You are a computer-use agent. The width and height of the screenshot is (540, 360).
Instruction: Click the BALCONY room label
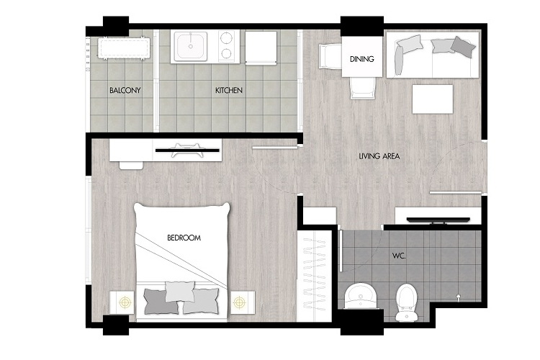(x=125, y=90)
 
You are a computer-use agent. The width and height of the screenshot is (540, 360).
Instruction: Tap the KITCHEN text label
(x=229, y=90)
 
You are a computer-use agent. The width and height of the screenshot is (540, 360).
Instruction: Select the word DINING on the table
(x=361, y=59)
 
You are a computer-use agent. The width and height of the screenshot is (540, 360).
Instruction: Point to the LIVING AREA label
(x=379, y=156)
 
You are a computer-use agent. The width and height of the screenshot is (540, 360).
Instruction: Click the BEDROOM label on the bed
(x=184, y=238)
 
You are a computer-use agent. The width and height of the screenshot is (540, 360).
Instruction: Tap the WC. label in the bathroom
(x=399, y=256)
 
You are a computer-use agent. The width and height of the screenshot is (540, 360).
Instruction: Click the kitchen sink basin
(x=191, y=46)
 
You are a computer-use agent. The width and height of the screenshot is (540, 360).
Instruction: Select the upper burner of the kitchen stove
(x=226, y=38)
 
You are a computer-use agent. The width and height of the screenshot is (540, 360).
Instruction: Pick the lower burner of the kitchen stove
(x=226, y=53)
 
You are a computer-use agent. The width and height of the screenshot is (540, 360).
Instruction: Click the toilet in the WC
(x=407, y=302)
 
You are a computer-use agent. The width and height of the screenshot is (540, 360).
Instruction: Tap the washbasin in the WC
(x=361, y=296)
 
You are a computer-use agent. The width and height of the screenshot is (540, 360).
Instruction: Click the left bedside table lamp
(x=125, y=302)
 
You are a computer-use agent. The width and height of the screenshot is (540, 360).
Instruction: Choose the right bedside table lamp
(x=239, y=302)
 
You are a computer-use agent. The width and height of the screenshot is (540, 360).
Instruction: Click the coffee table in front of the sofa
(x=433, y=99)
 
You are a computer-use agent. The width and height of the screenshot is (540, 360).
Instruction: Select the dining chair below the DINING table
(x=362, y=88)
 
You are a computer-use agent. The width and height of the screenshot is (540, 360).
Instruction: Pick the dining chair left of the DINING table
(x=330, y=56)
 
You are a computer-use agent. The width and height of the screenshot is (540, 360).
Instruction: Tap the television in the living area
(x=438, y=220)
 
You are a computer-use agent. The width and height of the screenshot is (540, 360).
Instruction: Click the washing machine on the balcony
(x=124, y=48)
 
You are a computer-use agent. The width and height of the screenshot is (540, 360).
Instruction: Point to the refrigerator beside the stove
(x=261, y=48)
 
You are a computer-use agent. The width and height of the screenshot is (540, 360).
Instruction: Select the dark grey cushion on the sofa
(x=463, y=47)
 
